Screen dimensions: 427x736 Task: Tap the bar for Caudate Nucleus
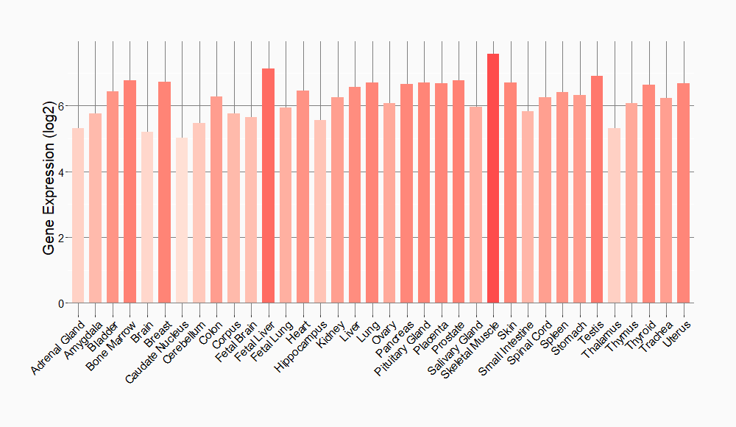point(182,220)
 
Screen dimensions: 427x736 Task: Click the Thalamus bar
point(615,216)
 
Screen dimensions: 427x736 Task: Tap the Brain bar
point(147,217)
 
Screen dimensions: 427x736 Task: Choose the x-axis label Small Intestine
point(507,346)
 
